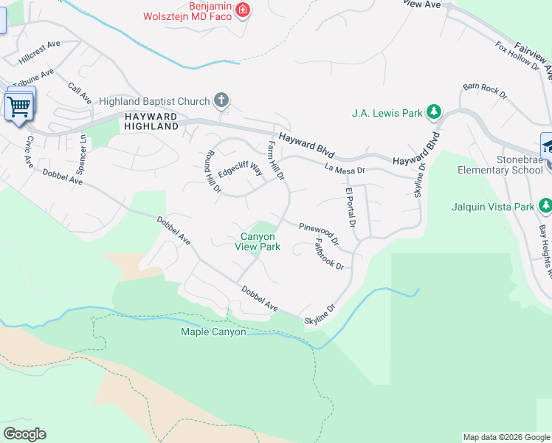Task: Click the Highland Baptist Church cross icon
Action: click(220, 100)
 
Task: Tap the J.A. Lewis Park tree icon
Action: click(435, 113)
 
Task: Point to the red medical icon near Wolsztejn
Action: click(243, 10)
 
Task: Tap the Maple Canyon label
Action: click(213, 332)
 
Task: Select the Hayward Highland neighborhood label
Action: click(151, 122)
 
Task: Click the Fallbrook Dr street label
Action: click(329, 253)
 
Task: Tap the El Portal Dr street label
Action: click(351, 208)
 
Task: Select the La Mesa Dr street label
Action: click(345, 170)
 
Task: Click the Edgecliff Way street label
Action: click(241, 171)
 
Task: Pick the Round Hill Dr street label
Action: click(213, 172)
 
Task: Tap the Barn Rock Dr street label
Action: click(485, 91)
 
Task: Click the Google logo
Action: click(24, 434)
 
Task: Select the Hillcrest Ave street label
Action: click(40, 50)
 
